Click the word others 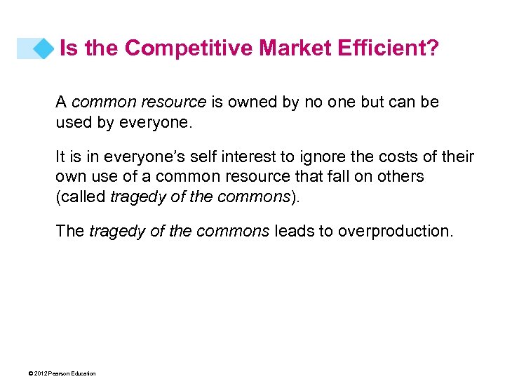point(402,175)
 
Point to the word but point(372,102)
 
